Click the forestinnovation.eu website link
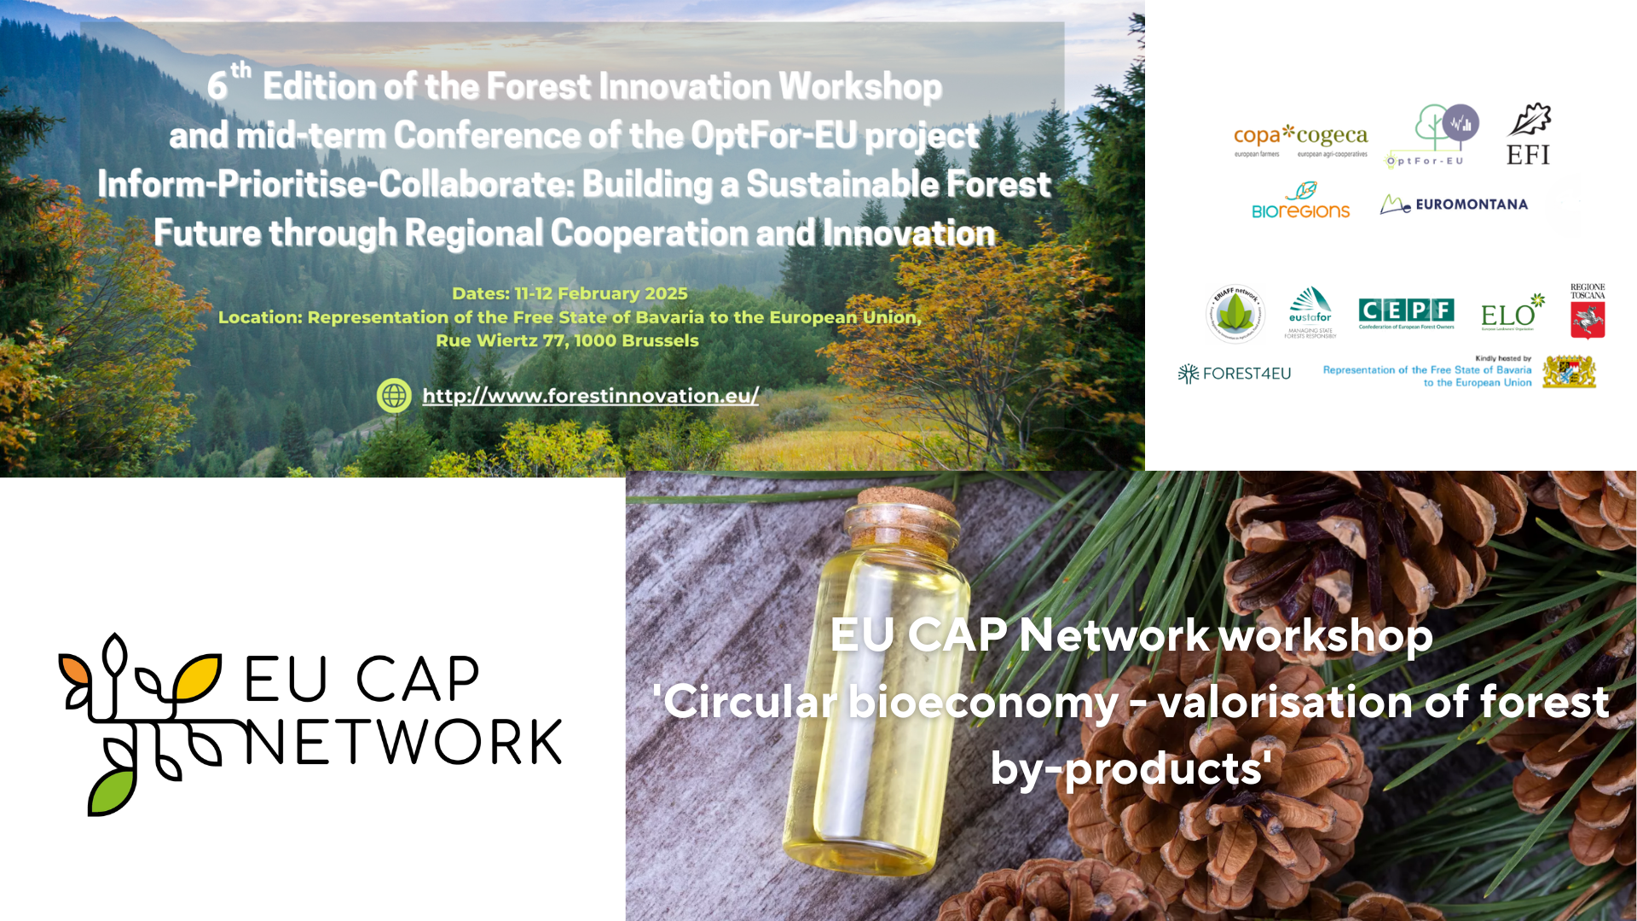pos(590,396)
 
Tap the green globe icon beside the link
pos(394,396)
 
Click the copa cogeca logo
pos(1300,140)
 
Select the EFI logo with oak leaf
pos(1528,135)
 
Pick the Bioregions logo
pos(1300,202)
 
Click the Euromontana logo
pos(1454,205)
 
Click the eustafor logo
pos(1310,312)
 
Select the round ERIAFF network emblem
pos(1235,314)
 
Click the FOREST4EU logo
pos(1235,374)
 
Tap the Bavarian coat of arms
pos(1569,372)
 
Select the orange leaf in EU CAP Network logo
pos(75,669)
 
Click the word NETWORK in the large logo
pos(403,742)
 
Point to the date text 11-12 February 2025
pos(600,293)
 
